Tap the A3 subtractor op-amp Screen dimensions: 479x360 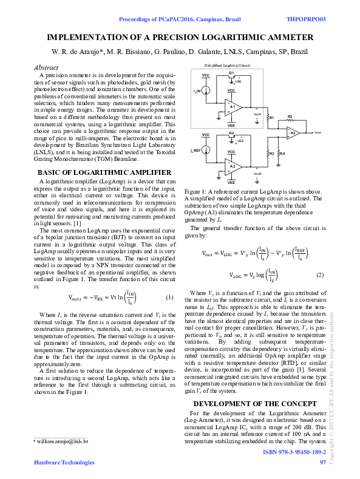[x=293, y=132]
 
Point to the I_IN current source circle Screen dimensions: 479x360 [x=206, y=91]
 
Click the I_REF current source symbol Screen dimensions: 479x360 [x=206, y=150]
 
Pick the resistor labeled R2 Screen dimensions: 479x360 [x=290, y=116]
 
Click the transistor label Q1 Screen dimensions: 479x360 [x=231, y=73]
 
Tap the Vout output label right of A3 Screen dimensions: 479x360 [x=318, y=132]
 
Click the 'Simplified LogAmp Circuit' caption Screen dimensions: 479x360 [x=228, y=64]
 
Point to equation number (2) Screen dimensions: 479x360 [x=320, y=275]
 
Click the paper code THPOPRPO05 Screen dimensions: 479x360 [x=305, y=19]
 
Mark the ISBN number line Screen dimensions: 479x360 [x=294, y=453]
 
